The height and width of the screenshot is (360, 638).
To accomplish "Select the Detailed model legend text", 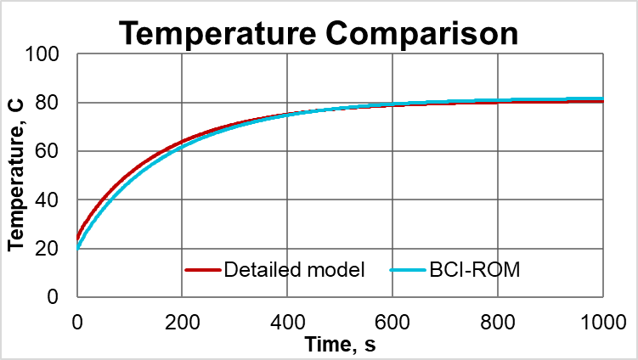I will tap(294, 271).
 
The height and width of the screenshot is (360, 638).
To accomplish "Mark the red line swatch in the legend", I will tap(202, 271).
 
